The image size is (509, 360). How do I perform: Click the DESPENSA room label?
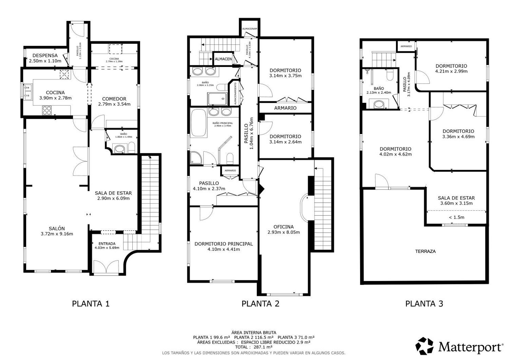pyautogui.click(x=45, y=55)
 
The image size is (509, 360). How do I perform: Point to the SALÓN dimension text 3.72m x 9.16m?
pyautogui.click(x=57, y=234)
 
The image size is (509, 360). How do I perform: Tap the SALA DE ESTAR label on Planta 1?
pyautogui.click(x=113, y=193)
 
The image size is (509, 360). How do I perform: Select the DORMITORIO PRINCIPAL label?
pyautogui.click(x=224, y=244)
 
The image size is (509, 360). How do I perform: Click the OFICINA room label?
pyautogui.click(x=283, y=227)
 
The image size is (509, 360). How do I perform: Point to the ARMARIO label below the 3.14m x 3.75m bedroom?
pyautogui.click(x=285, y=108)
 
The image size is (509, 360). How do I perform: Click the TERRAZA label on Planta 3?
pyautogui.click(x=425, y=251)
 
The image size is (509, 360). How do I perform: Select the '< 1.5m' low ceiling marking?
pyautogui.click(x=456, y=217)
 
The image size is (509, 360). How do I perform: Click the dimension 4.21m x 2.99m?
pyautogui.click(x=451, y=71)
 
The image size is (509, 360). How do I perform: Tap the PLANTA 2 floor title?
pyautogui.click(x=260, y=304)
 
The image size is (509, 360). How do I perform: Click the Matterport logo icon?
pyautogui.click(x=425, y=346)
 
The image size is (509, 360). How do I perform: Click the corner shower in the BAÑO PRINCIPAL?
pyautogui.click(x=196, y=157)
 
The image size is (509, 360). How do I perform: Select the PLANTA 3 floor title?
pyautogui.click(x=424, y=304)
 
